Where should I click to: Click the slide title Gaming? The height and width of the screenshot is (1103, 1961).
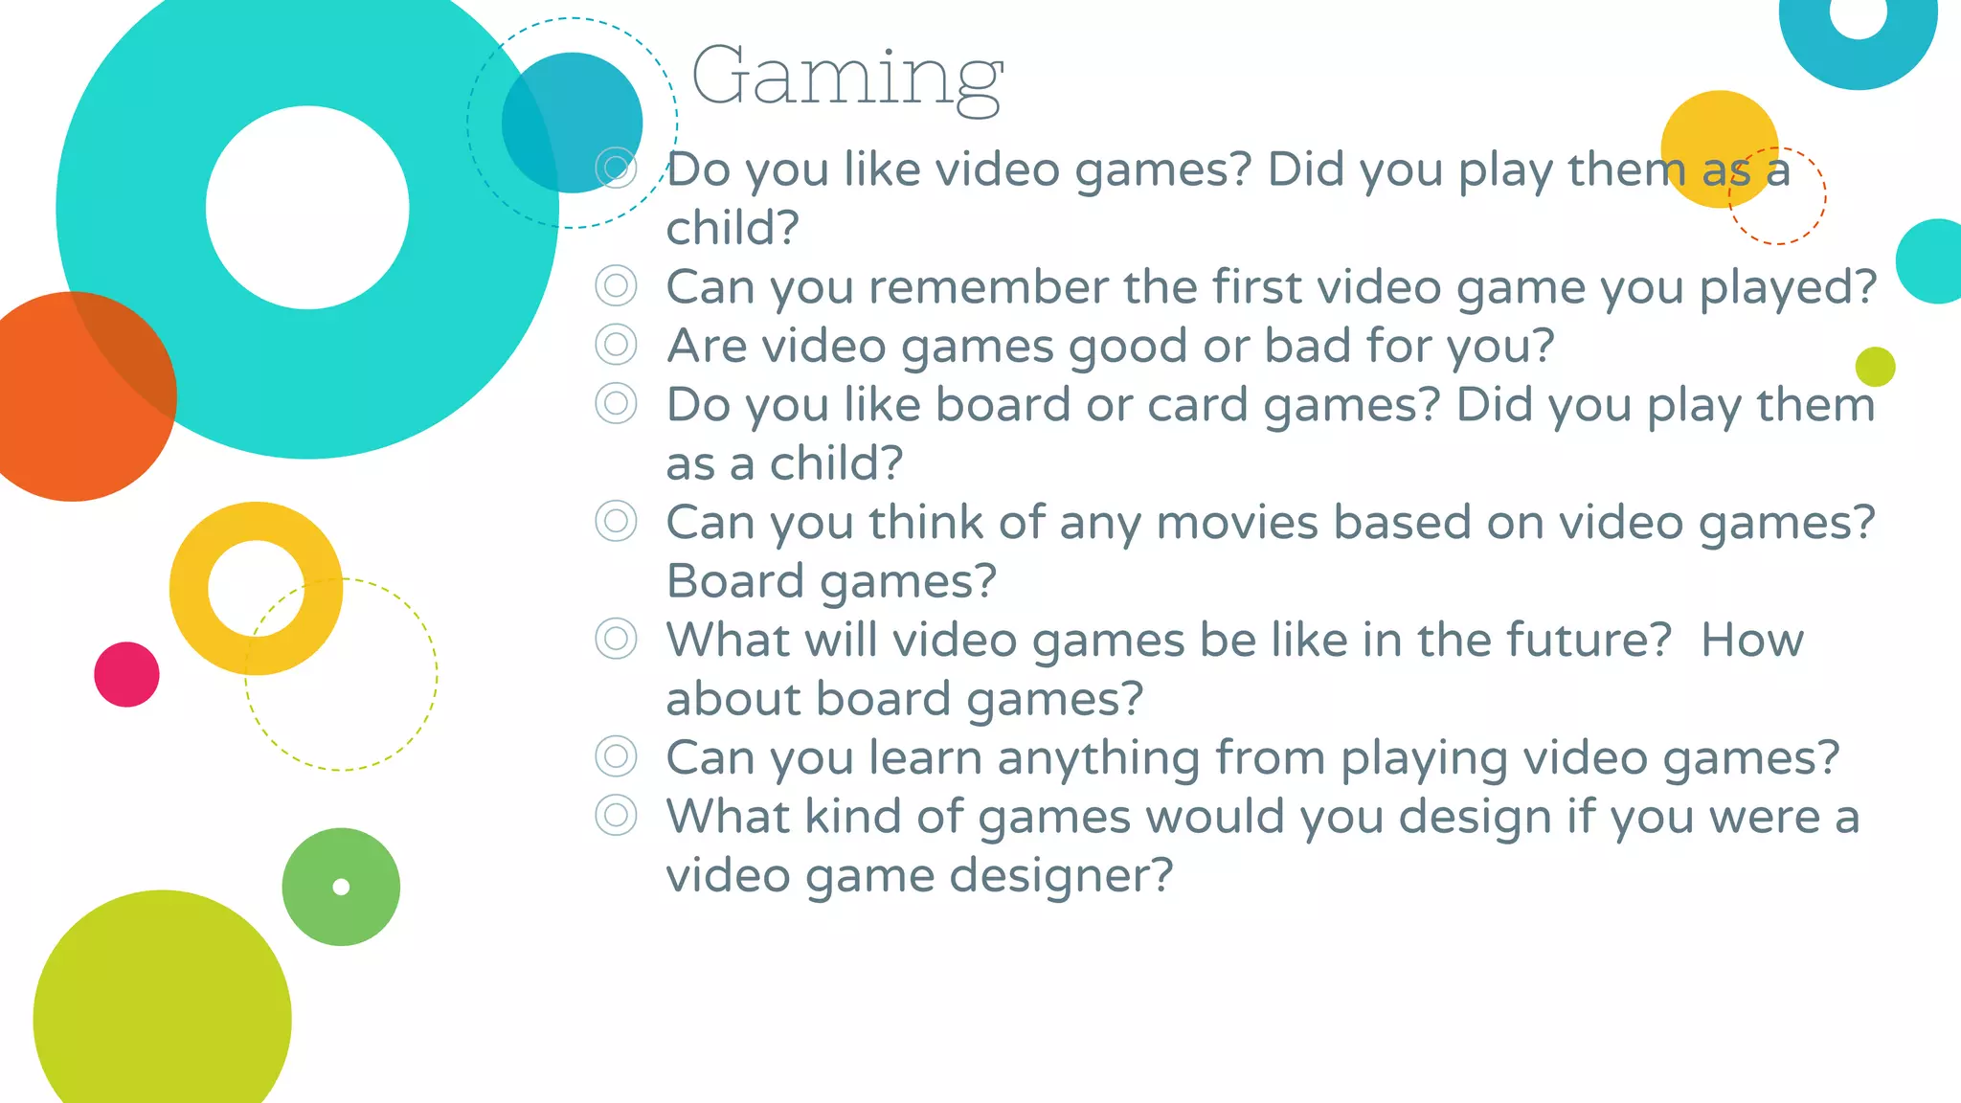tap(846, 77)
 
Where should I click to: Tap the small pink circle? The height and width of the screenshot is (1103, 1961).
tap(126, 674)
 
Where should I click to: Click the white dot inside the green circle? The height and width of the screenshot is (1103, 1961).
tap(341, 887)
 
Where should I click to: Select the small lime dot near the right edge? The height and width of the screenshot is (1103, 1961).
tap(1875, 367)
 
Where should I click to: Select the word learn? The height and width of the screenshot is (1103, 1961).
tap(925, 758)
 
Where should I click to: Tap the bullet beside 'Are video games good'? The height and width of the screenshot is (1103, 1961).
tap(616, 345)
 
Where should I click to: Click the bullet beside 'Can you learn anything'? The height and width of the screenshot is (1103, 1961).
tap(616, 756)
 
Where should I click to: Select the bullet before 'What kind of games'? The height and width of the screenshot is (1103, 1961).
tap(616, 816)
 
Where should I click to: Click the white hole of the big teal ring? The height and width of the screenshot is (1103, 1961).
tap(307, 208)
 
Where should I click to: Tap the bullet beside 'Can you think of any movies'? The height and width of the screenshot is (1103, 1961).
tap(616, 522)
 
